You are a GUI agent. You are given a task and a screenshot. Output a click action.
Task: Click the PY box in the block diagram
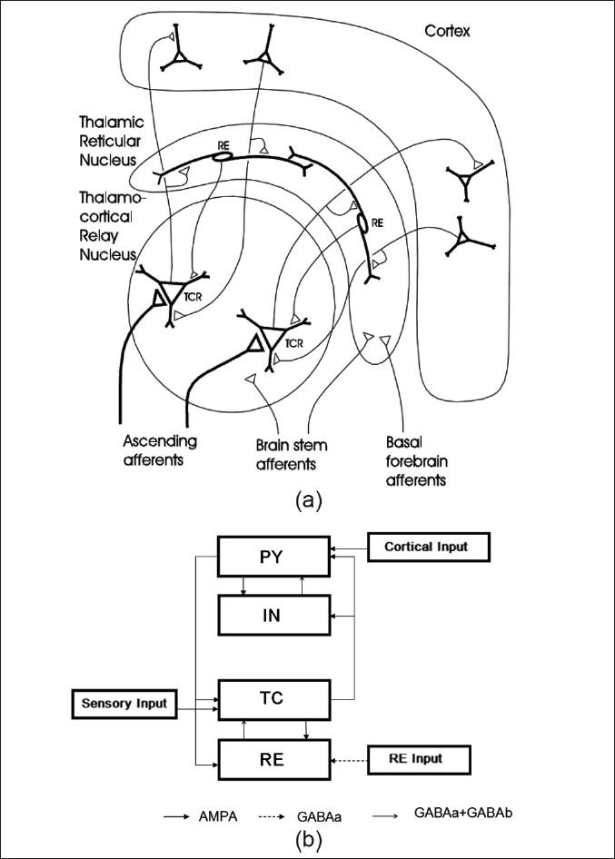pyautogui.click(x=273, y=557)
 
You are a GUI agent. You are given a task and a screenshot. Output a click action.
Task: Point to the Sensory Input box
pyautogui.click(x=124, y=703)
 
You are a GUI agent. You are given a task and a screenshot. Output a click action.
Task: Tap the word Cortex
pyautogui.click(x=448, y=32)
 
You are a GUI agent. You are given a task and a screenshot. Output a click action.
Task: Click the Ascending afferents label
pyautogui.click(x=159, y=449)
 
